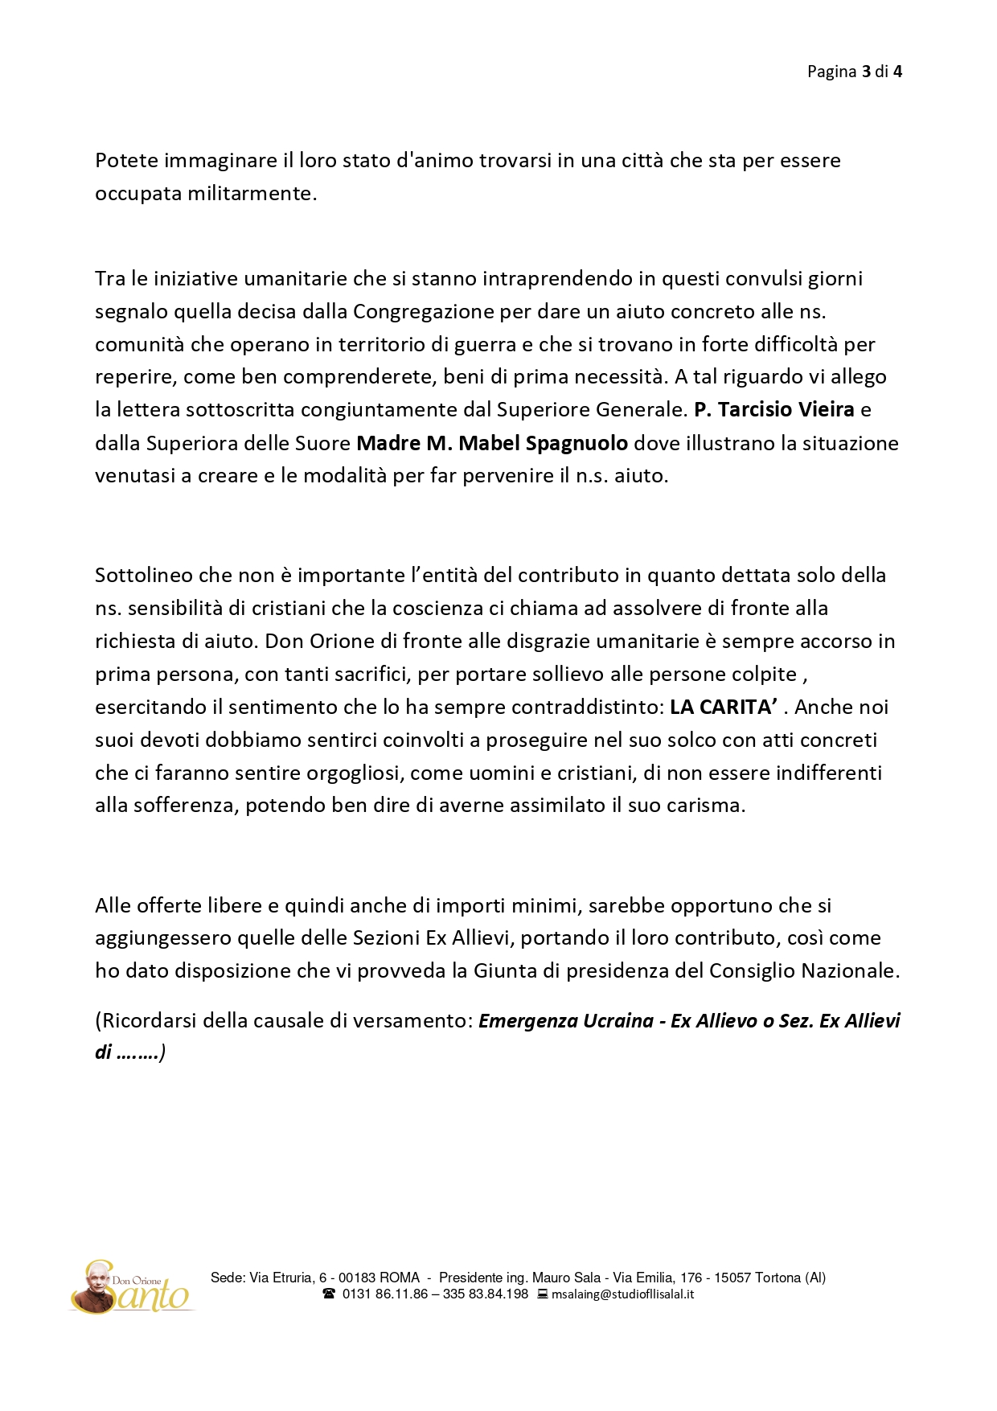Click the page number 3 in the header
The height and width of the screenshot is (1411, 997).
(x=866, y=72)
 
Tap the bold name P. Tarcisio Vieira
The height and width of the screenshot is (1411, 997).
(x=773, y=410)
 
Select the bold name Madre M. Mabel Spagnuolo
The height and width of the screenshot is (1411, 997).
(x=492, y=443)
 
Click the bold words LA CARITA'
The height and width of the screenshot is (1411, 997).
(x=723, y=708)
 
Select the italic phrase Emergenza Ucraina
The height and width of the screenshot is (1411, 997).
(x=566, y=1021)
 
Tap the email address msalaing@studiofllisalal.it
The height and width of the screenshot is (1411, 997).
(x=622, y=1294)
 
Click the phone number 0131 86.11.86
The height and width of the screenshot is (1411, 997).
(x=384, y=1294)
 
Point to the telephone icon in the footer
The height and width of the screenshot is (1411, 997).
(x=329, y=1294)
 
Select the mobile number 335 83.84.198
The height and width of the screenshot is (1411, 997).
(x=486, y=1294)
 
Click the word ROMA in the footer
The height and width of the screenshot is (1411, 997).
(x=399, y=1278)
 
